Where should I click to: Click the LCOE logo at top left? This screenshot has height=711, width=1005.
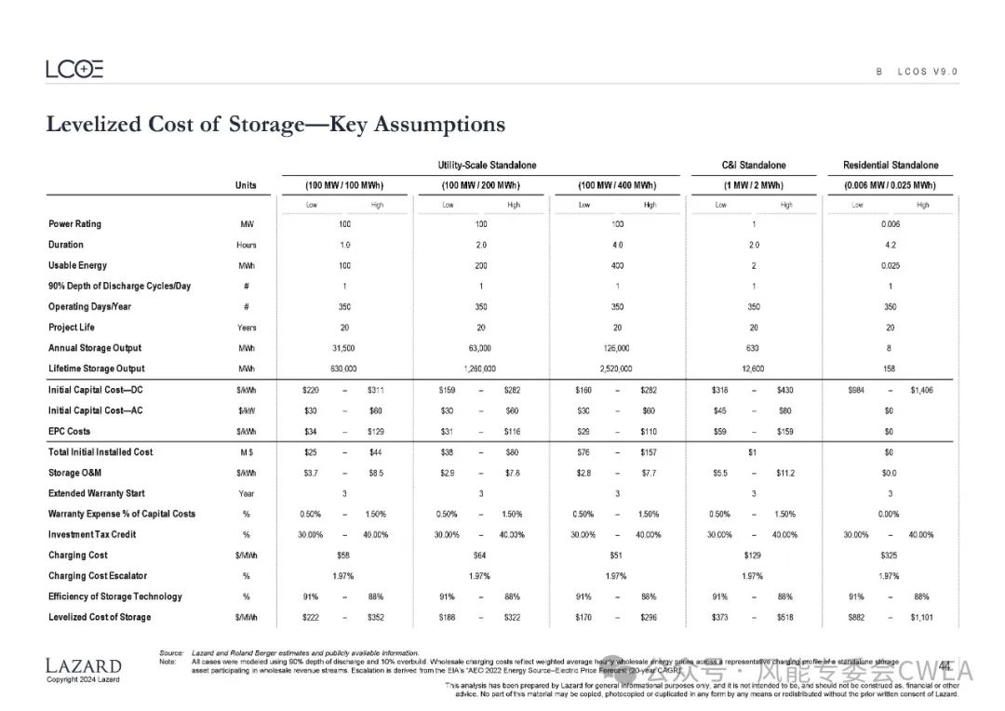tap(74, 69)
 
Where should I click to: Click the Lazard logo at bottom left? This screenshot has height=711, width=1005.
tap(83, 665)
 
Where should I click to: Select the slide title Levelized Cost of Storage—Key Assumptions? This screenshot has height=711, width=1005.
tap(275, 125)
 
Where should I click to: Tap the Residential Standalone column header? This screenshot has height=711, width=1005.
tap(891, 166)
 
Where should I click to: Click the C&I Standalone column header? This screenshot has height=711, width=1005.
tap(754, 166)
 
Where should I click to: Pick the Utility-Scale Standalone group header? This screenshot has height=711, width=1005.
tap(487, 166)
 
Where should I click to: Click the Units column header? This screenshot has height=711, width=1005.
tap(246, 185)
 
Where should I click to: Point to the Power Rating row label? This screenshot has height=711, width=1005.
tap(74, 224)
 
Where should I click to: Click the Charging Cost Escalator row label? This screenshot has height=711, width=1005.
tap(98, 576)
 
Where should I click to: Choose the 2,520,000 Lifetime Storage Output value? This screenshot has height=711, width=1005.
tap(617, 369)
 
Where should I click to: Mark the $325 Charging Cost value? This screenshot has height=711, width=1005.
tap(890, 556)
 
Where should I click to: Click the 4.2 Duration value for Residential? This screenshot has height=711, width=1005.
tap(890, 246)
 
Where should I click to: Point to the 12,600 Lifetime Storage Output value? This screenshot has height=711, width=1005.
tap(753, 369)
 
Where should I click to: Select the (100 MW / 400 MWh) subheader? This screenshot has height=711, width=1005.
tap(617, 185)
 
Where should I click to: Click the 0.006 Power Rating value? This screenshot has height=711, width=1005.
tap(890, 224)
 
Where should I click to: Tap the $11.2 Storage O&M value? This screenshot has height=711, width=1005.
tap(786, 473)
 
